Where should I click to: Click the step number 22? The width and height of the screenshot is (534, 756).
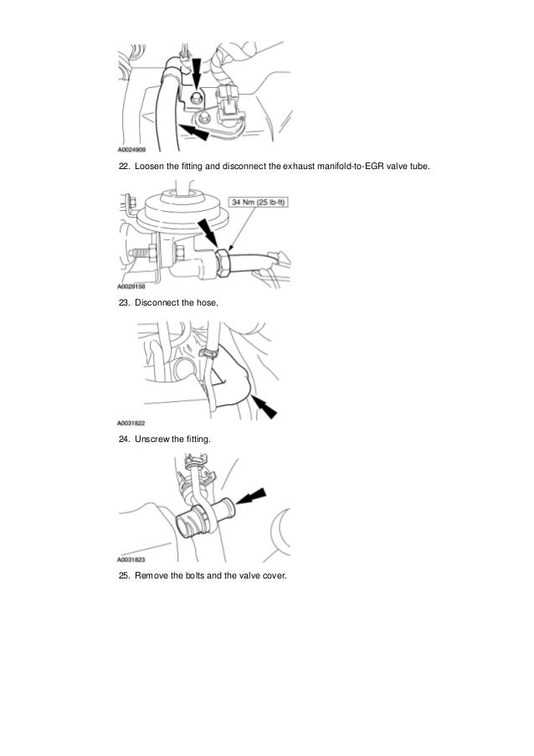coord(124,167)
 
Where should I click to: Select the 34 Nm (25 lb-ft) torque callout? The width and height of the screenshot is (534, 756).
coord(259,202)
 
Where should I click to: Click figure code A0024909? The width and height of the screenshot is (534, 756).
coord(131,150)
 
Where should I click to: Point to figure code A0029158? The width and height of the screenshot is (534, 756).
coord(131,286)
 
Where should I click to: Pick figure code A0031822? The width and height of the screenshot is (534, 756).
coord(131,423)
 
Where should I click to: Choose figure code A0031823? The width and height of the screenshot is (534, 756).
coord(131,560)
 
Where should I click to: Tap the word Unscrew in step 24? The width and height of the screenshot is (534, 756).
coord(152,440)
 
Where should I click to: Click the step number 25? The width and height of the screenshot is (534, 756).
coord(124,576)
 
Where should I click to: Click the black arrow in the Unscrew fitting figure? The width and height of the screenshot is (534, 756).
coord(251,496)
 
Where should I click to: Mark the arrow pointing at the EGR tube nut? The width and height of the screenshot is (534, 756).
coord(208,234)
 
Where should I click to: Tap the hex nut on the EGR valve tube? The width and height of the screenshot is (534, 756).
coord(223,263)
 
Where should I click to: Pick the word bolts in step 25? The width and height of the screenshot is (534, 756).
coord(195,576)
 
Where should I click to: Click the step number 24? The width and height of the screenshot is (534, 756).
coord(124,440)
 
